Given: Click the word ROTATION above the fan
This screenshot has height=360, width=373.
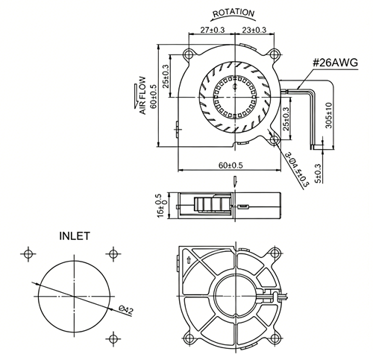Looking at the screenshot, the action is pos(233,13).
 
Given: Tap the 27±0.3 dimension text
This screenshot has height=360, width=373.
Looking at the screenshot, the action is pos(213,30).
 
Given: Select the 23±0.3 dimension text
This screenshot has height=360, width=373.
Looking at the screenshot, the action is pos(254,30).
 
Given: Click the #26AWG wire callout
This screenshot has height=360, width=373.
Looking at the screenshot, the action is pos(335,63).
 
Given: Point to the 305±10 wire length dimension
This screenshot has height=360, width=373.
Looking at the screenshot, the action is pos(329,115).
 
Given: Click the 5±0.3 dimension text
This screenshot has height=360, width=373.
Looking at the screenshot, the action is pos(318,173).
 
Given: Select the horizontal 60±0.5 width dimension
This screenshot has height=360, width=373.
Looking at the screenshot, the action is pos(231,165).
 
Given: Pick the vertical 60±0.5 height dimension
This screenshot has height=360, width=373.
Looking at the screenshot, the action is pos(154,96).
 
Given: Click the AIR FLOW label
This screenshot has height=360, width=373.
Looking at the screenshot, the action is pos(142,95).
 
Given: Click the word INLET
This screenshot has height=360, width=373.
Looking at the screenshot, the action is pos(75,236).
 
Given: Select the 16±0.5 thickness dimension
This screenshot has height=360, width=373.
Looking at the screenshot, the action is pos(161,206).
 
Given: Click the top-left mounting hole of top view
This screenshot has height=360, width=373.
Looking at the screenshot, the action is pos(189,54).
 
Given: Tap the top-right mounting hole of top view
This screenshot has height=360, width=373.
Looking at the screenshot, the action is pos(274,54).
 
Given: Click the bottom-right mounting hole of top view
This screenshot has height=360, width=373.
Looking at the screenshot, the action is pos(274,139).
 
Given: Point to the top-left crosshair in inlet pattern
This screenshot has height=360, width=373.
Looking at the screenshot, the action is pos(28,254).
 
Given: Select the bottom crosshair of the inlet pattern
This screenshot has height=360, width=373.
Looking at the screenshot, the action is pos(113,338).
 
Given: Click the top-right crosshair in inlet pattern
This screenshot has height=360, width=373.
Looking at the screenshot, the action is pos(113,254).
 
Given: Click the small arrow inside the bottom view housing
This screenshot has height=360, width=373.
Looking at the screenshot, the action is pos(188,260).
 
